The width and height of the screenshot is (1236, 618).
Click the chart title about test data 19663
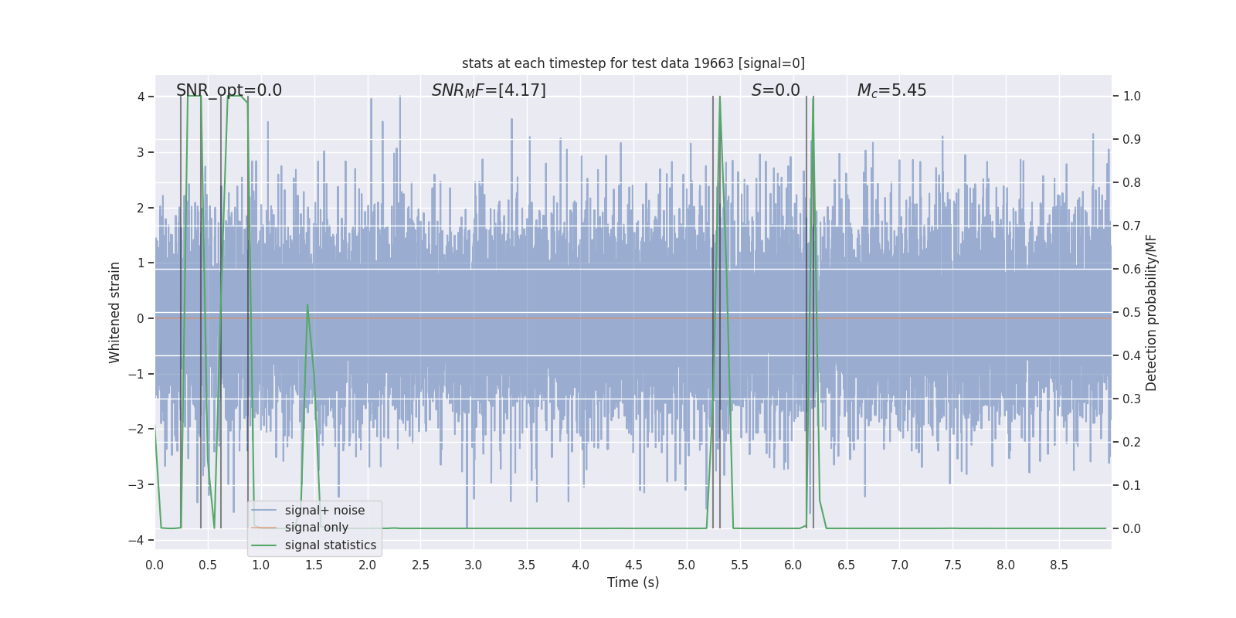pyautogui.click(x=633, y=63)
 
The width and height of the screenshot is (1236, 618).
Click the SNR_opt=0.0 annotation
pyautogui.click(x=229, y=90)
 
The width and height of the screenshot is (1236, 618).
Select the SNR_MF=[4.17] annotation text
pyautogui.click(x=488, y=90)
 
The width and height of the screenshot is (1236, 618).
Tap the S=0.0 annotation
pyautogui.click(x=776, y=90)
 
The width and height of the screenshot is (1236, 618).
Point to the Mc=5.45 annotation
pyautogui.click(x=891, y=90)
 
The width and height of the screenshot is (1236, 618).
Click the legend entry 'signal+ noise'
pyautogui.click(x=324, y=511)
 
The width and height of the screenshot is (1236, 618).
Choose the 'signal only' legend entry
pyautogui.click(x=317, y=528)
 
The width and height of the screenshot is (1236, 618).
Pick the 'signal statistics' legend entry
pyautogui.click(x=331, y=545)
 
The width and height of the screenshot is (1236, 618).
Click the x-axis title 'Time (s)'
pyautogui.click(x=633, y=582)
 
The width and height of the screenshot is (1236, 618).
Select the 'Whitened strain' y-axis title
pyautogui.click(x=115, y=312)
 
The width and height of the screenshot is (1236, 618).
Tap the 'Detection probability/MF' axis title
pyautogui.click(x=1151, y=312)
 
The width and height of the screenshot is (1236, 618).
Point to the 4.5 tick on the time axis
pyautogui.click(x=633, y=565)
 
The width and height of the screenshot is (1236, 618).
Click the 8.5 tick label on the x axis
pyautogui.click(x=1059, y=565)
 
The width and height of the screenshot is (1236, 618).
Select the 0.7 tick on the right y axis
pyautogui.click(x=1132, y=226)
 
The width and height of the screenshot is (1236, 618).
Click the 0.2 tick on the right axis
pyautogui.click(x=1132, y=442)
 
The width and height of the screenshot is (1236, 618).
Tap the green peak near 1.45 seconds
pyautogui.click(x=307, y=305)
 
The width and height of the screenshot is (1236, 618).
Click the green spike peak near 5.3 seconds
pyautogui.click(x=720, y=97)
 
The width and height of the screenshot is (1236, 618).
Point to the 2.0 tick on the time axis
pyautogui.click(x=368, y=565)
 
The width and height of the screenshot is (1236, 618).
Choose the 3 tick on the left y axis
pyautogui.click(x=141, y=152)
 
